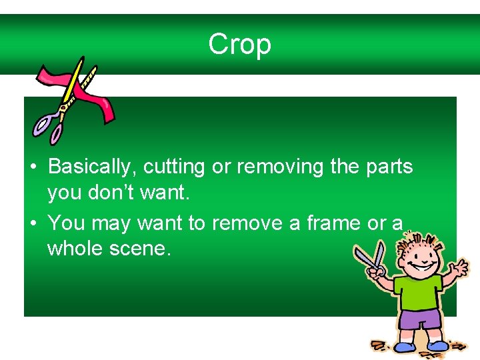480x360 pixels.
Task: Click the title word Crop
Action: coord(239,45)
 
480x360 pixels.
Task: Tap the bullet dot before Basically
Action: coord(33,167)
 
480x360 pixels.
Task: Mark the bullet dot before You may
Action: coord(33,223)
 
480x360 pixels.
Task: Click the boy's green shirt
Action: coord(418,294)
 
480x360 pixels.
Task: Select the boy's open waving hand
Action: coord(459,269)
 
